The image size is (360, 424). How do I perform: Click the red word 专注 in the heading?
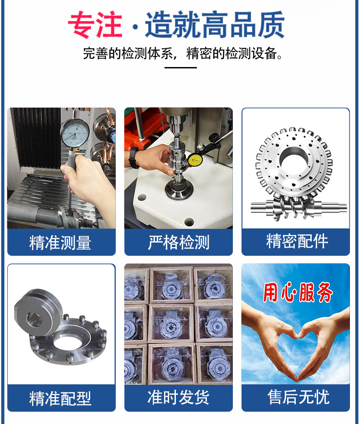pos(95,25)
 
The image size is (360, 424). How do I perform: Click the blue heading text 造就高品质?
pos(215,25)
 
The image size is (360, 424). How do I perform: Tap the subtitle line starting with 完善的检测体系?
pos(182,53)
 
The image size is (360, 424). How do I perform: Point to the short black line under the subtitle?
pos(180,68)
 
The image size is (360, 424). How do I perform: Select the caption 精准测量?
pos(60,243)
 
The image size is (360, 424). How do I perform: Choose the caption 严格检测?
pos(178,243)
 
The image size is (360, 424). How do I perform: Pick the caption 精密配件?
pos(297,242)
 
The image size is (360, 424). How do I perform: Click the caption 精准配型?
pos(60,398)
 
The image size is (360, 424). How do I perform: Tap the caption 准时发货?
pos(178,398)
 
